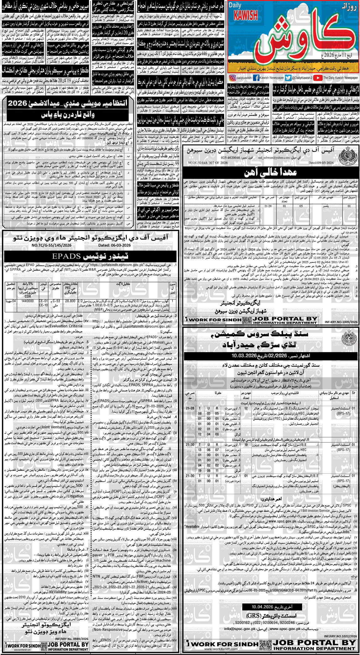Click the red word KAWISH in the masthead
pyautogui.click(x=247, y=15)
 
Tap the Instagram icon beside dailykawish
pyautogui.click(x=232, y=78)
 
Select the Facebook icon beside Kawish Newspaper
pyautogui.click(x=256, y=78)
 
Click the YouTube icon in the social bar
pyautogui.click(x=317, y=78)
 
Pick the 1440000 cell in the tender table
pyautogui.click(x=28, y=301)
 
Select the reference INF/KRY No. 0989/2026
pyautogui.click(x=72, y=639)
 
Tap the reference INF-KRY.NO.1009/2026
pyautogui.click(x=341, y=322)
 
